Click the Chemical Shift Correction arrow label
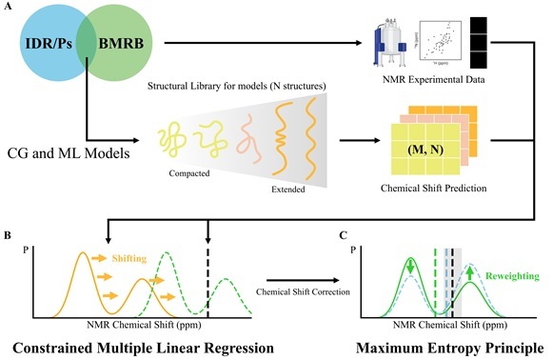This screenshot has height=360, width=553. (x=299, y=291)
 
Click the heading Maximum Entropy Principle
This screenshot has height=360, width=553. (x=448, y=345)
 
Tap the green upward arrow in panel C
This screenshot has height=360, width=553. (x=470, y=278)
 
